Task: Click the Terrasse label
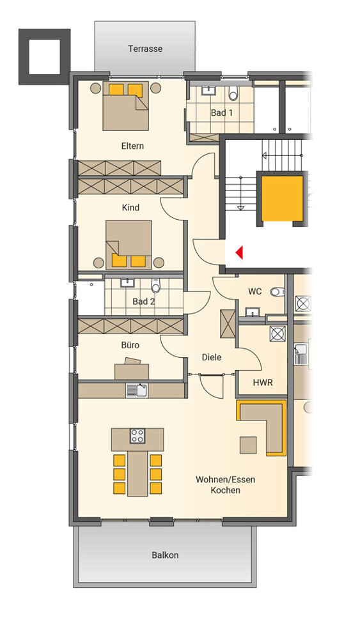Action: [x=145, y=49]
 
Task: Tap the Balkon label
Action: [x=165, y=555]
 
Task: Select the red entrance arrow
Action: [x=239, y=252]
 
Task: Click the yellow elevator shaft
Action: [x=282, y=199]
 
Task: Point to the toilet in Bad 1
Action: [x=233, y=94]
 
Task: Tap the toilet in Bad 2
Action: [x=156, y=286]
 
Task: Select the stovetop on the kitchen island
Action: [x=137, y=436]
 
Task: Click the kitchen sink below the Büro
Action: [x=137, y=390]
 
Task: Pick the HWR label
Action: [x=263, y=383]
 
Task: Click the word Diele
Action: [x=212, y=357]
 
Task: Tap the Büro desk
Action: [x=131, y=369]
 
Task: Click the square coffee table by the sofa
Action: [x=248, y=445]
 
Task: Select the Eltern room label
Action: [x=132, y=146]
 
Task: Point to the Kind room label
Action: [x=130, y=208]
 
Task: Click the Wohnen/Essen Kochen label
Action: [x=225, y=485]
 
